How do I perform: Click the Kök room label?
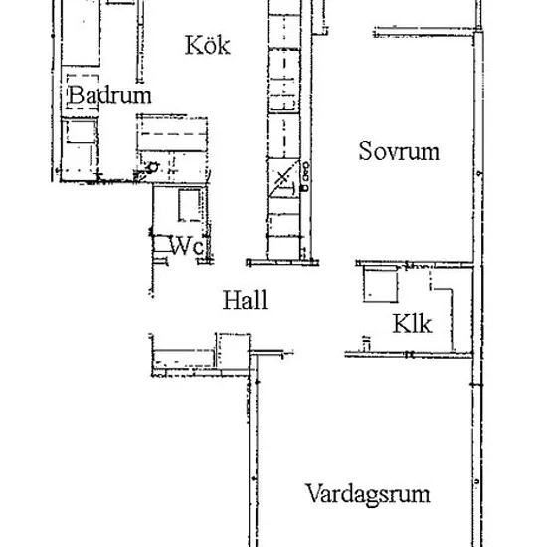point(208,45)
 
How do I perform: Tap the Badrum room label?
point(109,94)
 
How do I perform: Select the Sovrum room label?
point(399,151)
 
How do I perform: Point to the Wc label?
point(187,246)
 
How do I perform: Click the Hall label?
point(245,300)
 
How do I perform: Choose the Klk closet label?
point(412,324)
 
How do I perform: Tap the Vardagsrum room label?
point(368,494)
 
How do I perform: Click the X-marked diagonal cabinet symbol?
point(283,178)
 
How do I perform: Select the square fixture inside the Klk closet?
point(380,284)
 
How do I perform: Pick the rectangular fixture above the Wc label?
point(190,205)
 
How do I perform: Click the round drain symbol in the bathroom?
point(152,168)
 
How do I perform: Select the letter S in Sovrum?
point(365,151)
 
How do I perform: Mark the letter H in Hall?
point(231,300)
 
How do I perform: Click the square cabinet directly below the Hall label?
point(233,350)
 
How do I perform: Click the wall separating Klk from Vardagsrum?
point(409,355)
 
